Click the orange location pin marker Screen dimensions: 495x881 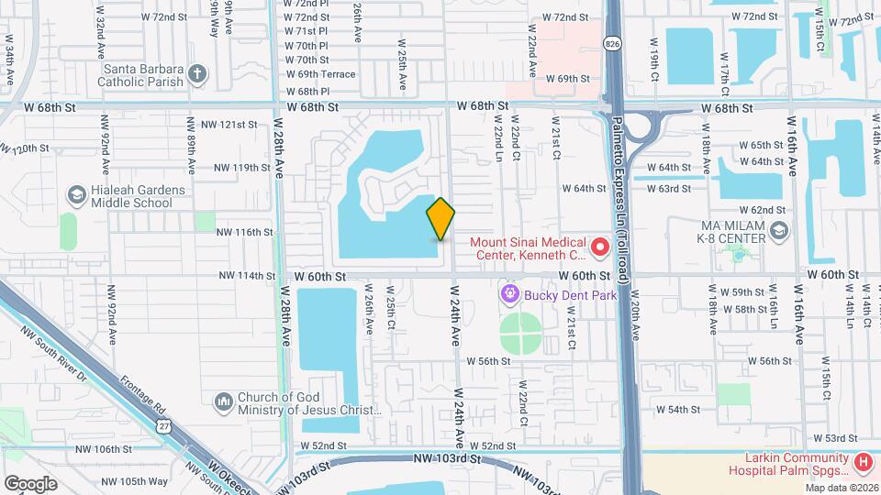[x=441, y=218]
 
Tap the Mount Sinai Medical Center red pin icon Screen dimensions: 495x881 [x=600, y=246]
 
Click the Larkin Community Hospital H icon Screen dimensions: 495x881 [x=863, y=464]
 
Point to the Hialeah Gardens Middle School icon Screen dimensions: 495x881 [x=76, y=195]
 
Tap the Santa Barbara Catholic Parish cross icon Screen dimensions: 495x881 [x=196, y=72]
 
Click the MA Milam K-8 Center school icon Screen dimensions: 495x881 [x=779, y=230]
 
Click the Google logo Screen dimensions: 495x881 [x=29, y=483]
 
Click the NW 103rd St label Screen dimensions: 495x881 [x=449, y=457]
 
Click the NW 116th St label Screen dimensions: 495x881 [x=244, y=233]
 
